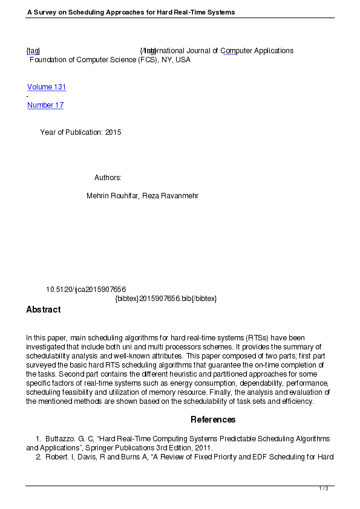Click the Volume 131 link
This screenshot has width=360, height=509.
(47, 87)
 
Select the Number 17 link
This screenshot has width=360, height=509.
(45, 105)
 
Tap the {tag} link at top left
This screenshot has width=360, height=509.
(33, 51)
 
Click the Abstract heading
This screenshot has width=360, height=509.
(44, 310)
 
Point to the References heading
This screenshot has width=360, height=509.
(213, 420)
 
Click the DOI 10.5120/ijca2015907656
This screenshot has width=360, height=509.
(86, 290)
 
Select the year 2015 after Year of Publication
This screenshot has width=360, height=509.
(113, 132)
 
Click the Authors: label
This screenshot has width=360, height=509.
(108, 178)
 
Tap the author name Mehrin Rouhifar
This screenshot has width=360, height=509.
(113, 196)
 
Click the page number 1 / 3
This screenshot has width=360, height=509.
(324, 488)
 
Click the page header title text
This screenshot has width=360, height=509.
(131, 12)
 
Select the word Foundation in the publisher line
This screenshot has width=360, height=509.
(48, 60)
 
